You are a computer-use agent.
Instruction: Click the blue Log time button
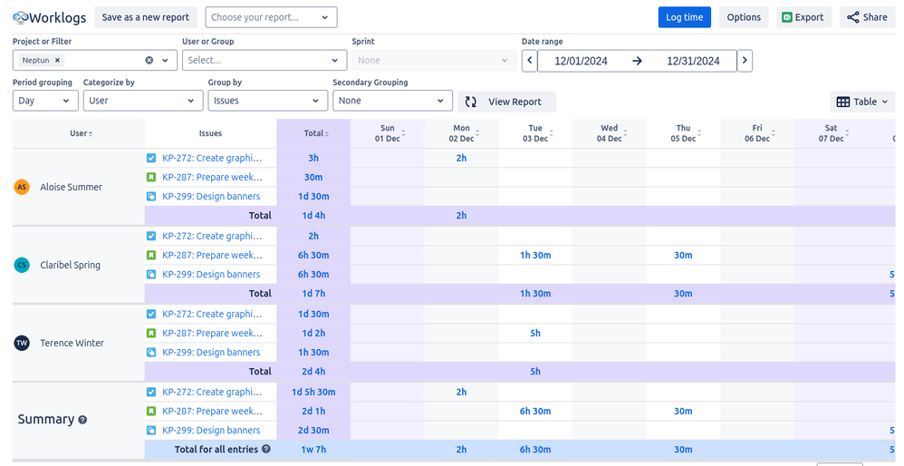pyautogui.click(x=684, y=17)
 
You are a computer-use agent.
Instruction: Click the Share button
pyautogui.click(x=867, y=17)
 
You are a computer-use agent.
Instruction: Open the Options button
pyautogui.click(x=744, y=17)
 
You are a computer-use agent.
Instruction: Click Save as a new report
pyautogui.click(x=145, y=17)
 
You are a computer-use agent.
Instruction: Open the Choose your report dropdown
pyautogui.click(x=271, y=17)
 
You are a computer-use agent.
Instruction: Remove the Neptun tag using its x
pyautogui.click(x=58, y=60)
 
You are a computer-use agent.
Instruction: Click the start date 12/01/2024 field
pyautogui.click(x=580, y=61)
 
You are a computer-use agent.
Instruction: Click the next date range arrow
pyautogui.click(x=745, y=61)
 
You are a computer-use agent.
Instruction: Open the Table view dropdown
pyautogui.click(x=861, y=102)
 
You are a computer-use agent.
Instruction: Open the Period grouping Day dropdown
pyautogui.click(x=45, y=101)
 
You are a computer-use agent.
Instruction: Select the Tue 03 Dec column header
pyautogui.click(x=535, y=133)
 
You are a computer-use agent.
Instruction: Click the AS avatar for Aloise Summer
pyautogui.click(x=22, y=187)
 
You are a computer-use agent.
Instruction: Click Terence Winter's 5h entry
pyautogui.click(x=535, y=333)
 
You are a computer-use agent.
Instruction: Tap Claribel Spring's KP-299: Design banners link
pyautogui.click(x=211, y=275)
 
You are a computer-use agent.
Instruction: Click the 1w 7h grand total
pyautogui.click(x=313, y=449)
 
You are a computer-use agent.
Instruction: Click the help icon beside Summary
pyautogui.click(x=82, y=420)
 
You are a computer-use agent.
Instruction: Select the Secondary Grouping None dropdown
pyautogui.click(x=392, y=101)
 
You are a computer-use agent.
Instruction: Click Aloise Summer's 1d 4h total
pyautogui.click(x=313, y=216)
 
